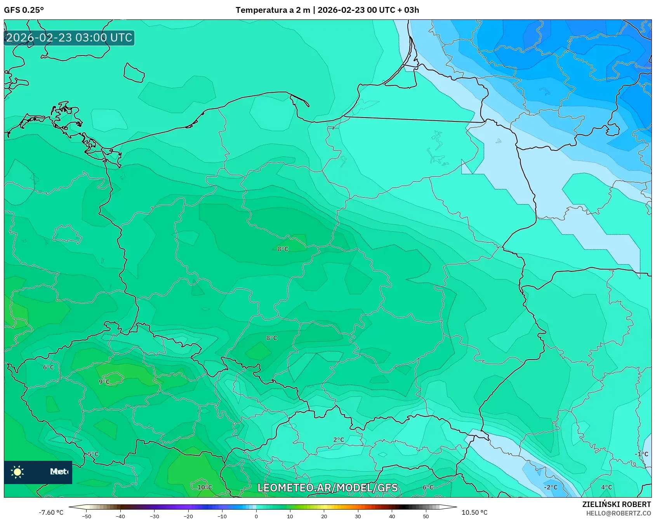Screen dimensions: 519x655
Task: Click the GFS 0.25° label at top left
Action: pyautogui.click(x=24, y=10)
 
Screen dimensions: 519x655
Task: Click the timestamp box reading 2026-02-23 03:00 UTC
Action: pyautogui.click(x=69, y=38)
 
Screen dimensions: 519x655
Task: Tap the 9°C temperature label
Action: pyautogui.click(x=104, y=382)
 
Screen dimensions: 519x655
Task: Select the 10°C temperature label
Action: pyautogui.click(x=205, y=487)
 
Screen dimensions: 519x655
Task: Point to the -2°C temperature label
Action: pyautogui.click(x=550, y=487)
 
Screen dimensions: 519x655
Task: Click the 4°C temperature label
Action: pyautogui.click(x=606, y=487)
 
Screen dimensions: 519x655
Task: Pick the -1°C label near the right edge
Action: pyautogui.click(x=641, y=454)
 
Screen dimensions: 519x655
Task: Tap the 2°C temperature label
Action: pyautogui.click(x=339, y=439)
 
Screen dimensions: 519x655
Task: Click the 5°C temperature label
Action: pyautogui.click(x=93, y=454)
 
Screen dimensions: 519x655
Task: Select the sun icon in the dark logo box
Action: pyautogui.click(x=17, y=472)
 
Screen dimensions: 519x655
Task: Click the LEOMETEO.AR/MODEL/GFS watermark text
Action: pyautogui.click(x=328, y=488)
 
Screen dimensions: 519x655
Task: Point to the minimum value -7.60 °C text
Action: pyautogui.click(x=51, y=512)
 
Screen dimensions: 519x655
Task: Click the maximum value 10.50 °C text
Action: pyautogui.click(x=474, y=512)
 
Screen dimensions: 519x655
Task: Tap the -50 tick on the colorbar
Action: pyautogui.click(x=87, y=516)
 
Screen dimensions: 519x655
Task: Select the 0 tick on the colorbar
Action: pyautogui.click(x=256, y=516)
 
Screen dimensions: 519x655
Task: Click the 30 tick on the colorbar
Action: pyautogui.click(x=358, y=516)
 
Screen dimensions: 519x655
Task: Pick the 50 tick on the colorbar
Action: pyautogui.click(x=426, y=516)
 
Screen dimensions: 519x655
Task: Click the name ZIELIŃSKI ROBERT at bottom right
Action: pyautogui.click(x=616, y=504)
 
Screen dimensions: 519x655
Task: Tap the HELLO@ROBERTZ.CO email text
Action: pyautogui.click(x=618, y=513)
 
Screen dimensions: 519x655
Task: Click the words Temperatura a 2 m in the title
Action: pyautogui.click(x=273, y=10)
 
